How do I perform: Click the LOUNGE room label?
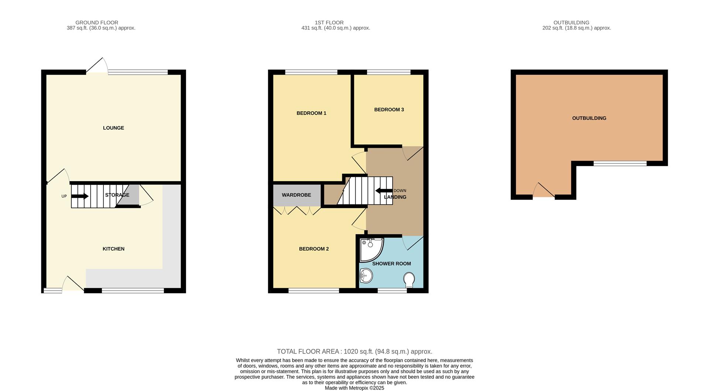(113, 128)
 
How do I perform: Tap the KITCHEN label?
(113, 249)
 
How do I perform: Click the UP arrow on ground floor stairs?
(80, 196)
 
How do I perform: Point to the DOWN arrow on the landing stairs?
(383, 191)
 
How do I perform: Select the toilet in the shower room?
(409, 279)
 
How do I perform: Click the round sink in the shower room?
(366, 276)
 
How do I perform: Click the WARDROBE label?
(296, 195)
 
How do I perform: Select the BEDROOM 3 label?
(389, 109)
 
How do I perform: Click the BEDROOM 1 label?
(311, 113)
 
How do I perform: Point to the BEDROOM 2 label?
(314, 249)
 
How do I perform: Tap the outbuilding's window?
(620, 163)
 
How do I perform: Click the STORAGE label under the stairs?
(117, 195)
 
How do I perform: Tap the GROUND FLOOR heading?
(97, 23)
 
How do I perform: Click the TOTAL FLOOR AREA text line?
(354, 351)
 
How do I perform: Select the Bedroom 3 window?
(388, 72)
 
